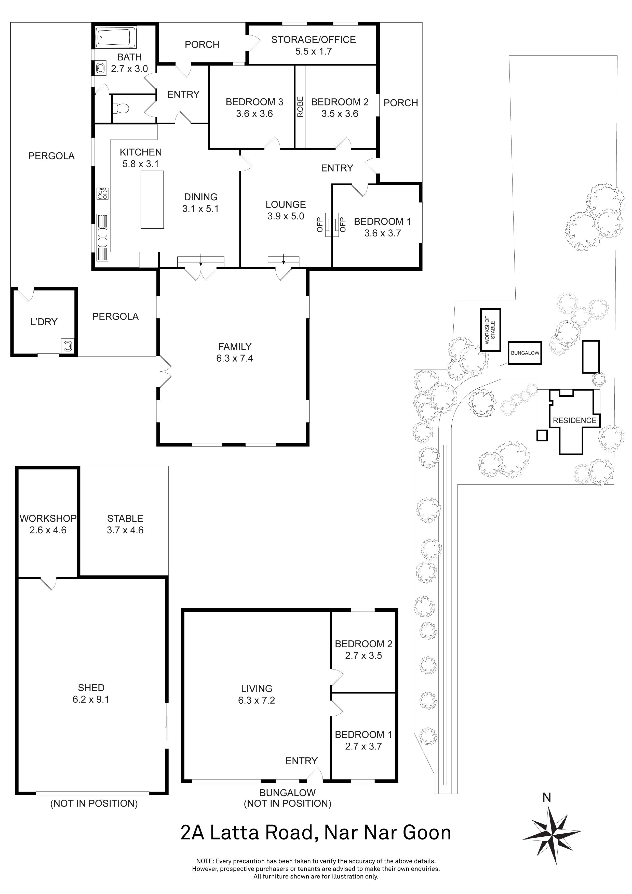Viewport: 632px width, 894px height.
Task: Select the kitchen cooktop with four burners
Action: click(103, 193)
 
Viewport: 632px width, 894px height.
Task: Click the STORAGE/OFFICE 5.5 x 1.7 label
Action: click(313, 45)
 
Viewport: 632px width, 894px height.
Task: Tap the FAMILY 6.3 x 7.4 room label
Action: click(235, 352)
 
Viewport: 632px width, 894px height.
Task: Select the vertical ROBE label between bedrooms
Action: click(300, 107)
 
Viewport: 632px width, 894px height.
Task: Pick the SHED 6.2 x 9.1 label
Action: click(91, 693)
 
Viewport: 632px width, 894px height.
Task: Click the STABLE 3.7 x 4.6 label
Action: click(125, 524)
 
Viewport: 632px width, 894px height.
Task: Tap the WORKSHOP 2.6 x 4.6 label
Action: click(48, 524)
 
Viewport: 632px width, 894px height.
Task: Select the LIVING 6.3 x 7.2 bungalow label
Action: click(257, 694)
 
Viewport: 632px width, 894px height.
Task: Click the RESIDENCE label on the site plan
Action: click(574, 420)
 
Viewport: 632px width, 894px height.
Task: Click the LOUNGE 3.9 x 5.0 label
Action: click(286, 210)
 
